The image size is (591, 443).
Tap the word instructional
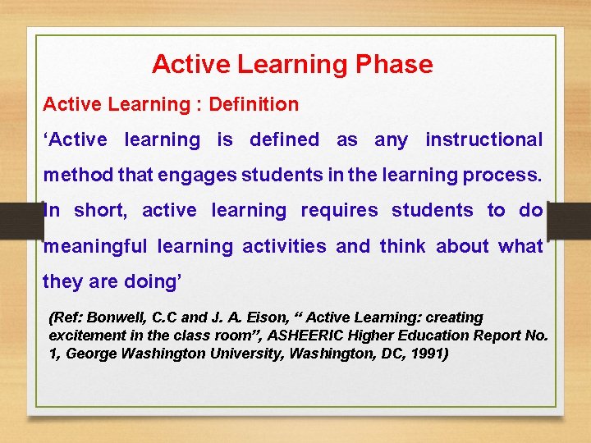click(x=483, y=140)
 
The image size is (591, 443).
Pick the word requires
click(x=339, y=211)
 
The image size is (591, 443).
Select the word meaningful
click(x=95, y=246)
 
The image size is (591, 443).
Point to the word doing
click(x=151, y=281)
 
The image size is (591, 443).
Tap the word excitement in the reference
click(x=86, y=336)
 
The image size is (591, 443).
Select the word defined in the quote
click(x=283, y=140)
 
